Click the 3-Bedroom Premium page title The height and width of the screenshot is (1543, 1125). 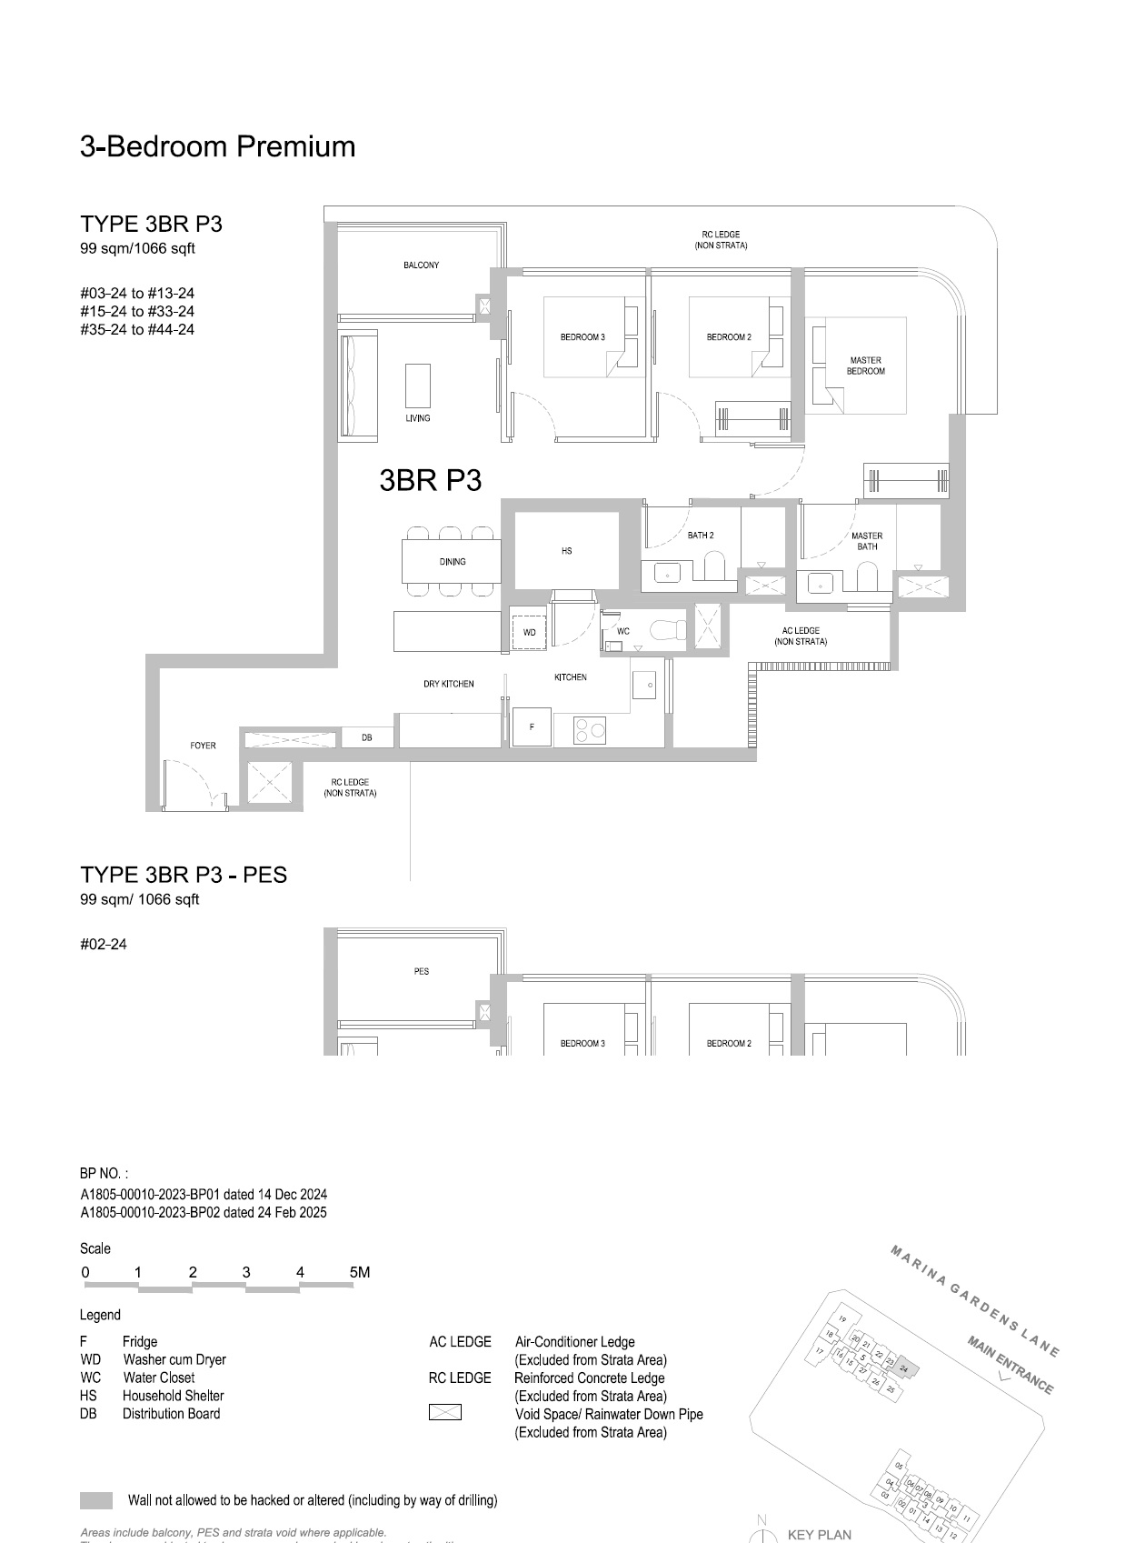[x=217, y=146]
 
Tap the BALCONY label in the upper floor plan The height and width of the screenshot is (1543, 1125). [x=421, y=266]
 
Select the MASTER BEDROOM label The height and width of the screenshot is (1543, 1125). [x=865, y=366]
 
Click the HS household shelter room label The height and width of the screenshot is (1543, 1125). [x=566, y=551]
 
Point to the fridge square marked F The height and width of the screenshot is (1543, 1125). [x=532, y=726]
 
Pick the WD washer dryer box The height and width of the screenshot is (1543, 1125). [x=529, y=631]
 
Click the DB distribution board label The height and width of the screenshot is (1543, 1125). [x=366, y=737]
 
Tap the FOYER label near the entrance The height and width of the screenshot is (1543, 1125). [x=203, y=746]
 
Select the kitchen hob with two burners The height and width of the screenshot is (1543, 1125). [x=591, y=729]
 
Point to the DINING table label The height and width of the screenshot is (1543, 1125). [x=453, y=562]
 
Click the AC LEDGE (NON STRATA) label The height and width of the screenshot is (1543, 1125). [x=801, y=636]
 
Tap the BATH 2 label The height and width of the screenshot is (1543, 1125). [x=700, y=536]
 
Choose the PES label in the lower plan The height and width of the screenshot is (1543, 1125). [x=421, y=971]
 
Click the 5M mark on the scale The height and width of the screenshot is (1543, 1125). [x=359, y=1272]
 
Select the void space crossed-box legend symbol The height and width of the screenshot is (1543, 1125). [x=444, y=1413]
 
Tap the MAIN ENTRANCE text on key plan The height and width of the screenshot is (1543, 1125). [x=1010, y=1365]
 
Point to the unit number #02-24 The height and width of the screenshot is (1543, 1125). [x=104, y=944]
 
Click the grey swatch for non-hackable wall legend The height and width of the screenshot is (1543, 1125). [x=96, y=1500]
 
